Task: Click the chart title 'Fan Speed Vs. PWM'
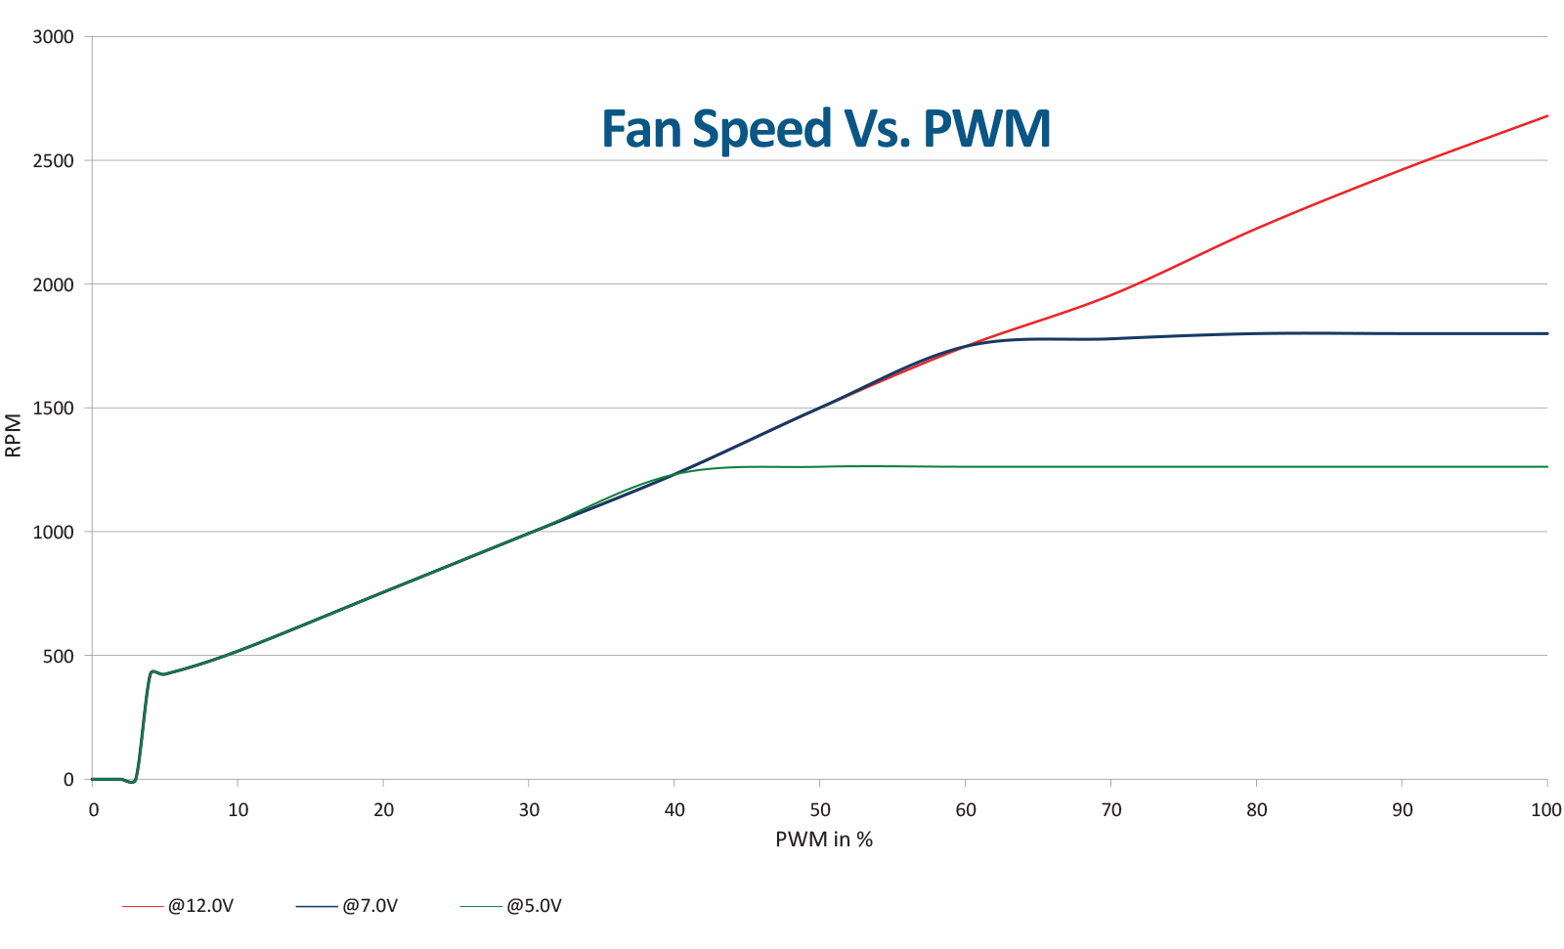pyautogui.click(x=826, y=128)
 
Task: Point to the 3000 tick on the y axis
pyautogui.click(x=54, y=37)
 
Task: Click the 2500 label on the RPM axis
pyautogui.click(x=54, y=160)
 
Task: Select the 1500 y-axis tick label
pyautogui.click(x=54, y=409)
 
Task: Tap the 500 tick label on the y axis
pyautogui.click(x=59, y=656)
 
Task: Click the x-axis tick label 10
pyautogui.click(x=238, y=809)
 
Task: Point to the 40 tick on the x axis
pyautogui.click(x=674, y=809)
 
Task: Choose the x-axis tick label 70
pyautogui.click(x=1111, y=809)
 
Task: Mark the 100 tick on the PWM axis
pyautogui.click(x=1546, y=809)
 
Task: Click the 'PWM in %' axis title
pyautogui.click(x=824, y=840)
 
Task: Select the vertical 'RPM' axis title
pyautogui.click(x=14, y=436)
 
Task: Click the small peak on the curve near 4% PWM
pyautogui.click(x=152, y=671)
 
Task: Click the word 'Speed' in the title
pyautogui.click(x=748, y=128)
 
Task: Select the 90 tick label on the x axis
pyautogui.click(x=1402, y=809)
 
